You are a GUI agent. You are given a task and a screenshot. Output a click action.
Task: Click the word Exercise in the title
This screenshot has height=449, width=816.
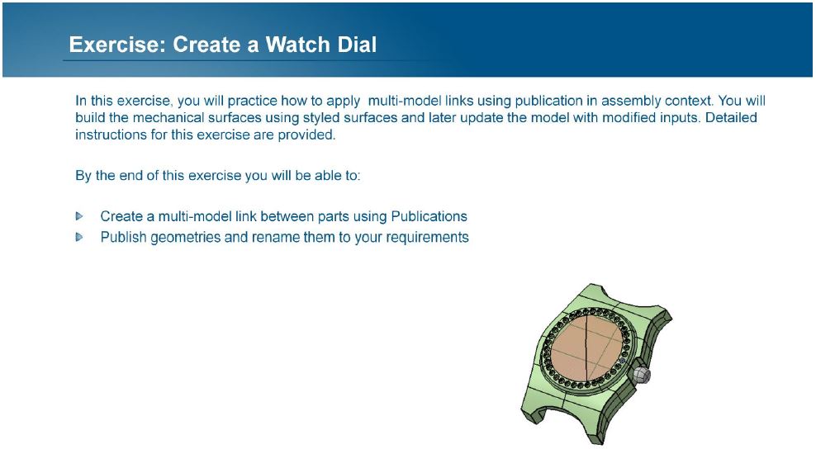(117, 45)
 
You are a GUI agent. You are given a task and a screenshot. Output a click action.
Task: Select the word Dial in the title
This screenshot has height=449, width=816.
(357, 45)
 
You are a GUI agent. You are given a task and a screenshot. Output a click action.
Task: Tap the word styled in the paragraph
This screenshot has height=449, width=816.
(320, 118)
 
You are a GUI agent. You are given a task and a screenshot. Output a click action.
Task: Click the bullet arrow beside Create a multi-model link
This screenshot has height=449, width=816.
(79, 216)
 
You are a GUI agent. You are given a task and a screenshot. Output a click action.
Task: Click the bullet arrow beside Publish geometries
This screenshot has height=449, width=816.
(79, 237)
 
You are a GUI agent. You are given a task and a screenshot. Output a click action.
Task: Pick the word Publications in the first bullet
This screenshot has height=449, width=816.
(429, 216)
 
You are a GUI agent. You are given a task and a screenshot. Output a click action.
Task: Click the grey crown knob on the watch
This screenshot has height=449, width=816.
(642, 375)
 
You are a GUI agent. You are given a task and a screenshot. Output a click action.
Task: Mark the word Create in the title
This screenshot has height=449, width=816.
(207, 45)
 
